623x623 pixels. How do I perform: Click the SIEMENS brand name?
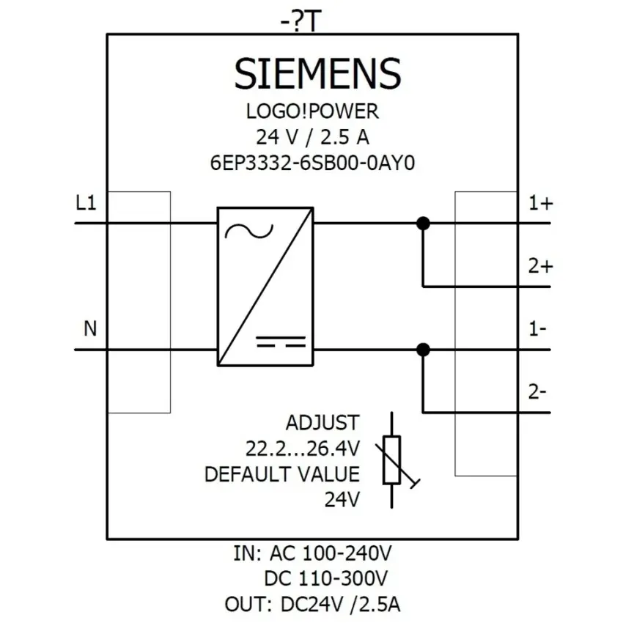click(317, 73)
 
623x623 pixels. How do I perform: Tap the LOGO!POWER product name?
click(312, 111)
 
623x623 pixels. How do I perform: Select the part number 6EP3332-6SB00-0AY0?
click(312, 163)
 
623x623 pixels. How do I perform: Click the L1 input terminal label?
click(86, 203)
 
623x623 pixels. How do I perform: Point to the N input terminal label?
click(90, 328)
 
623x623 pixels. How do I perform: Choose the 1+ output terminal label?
click(541, 203)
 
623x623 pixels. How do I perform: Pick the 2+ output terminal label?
click(540, 266)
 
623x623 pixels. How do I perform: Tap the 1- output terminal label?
click(537, 329)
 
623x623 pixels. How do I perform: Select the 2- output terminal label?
click(537, 392)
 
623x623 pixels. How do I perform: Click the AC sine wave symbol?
click(249, 231)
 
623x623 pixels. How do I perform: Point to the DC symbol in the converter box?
click(281, 342)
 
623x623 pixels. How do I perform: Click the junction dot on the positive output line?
click(423, 224)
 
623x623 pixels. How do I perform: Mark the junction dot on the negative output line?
click(423, 350)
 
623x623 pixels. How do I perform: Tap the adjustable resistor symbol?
click(392, 460)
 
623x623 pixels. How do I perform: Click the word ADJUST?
click(322, 423)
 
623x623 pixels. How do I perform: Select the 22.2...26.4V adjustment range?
click(303, 449)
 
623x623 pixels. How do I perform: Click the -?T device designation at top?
click(301, 22)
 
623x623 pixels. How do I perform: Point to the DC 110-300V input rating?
click(326, 578)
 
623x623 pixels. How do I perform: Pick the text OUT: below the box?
click(248, 605)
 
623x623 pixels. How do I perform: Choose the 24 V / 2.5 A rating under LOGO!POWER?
click(312, 138)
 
